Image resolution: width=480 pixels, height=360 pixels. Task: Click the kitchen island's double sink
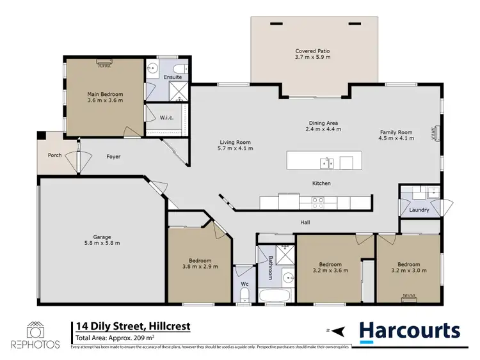pyautogui.click(x=327, y=163)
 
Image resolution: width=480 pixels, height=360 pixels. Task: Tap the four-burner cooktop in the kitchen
pyautogui.click(x=317, y=202)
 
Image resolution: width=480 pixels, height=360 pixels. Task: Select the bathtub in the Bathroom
pyautogui.click(x=275, y=297)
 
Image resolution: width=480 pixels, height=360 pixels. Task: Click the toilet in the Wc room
pyautogui.click(x=244, y=294)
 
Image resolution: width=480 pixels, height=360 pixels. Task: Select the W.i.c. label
pyautogui.click(x=168, y=117)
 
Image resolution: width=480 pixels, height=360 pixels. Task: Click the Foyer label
pyautogui.click(x=113, y=157)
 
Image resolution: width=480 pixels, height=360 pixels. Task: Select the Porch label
pyautogui.click(x=54, y=155)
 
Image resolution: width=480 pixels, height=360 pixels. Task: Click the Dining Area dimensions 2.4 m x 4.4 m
pyautogui.click(x=323, y=129)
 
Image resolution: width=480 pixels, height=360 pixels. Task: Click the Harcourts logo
pyautogui.click(x=410, y=331)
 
